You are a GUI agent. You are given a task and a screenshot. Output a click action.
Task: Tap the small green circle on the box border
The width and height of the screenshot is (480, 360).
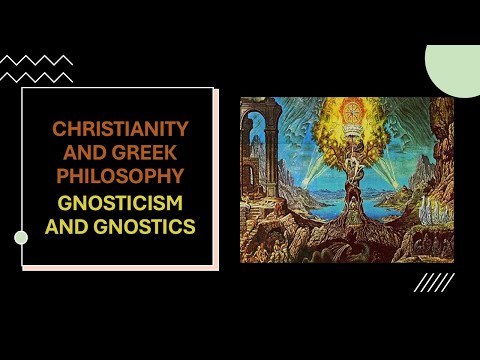point(21,237)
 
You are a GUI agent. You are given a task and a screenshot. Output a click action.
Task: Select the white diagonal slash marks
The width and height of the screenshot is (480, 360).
point(428,283)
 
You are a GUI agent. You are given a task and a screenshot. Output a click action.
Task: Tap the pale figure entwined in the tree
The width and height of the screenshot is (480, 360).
point(350,165)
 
